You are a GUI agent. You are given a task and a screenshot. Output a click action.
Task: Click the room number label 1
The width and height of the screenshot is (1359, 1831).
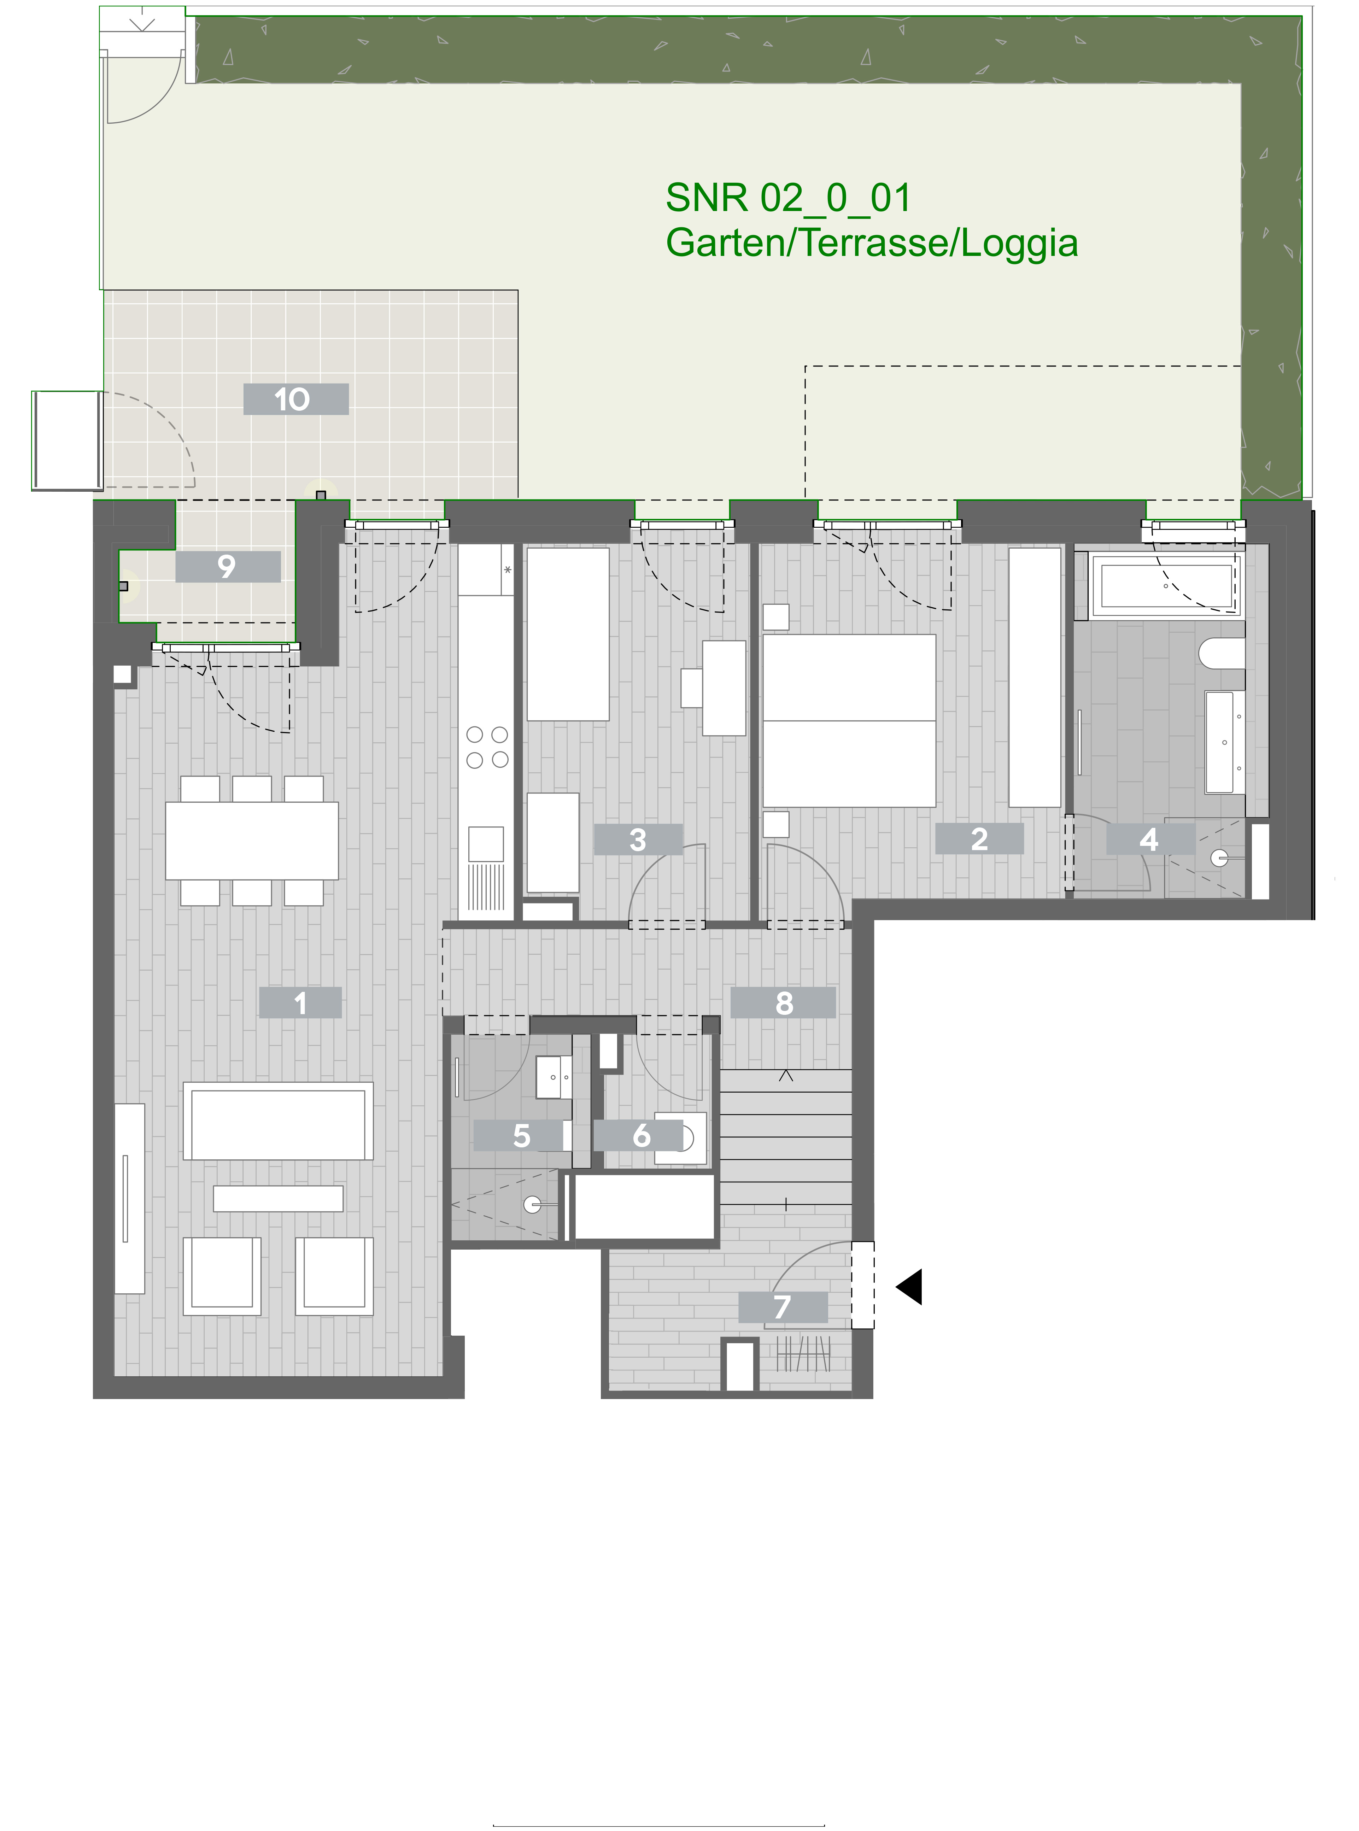pyautogui.click(x=300, y=1003)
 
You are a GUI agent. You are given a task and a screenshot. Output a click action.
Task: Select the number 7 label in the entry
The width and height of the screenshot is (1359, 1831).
pyautogui.click(x=782, y=1307)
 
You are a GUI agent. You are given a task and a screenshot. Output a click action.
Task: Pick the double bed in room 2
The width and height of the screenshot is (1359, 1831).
pyautogui.click(x=849, y=720)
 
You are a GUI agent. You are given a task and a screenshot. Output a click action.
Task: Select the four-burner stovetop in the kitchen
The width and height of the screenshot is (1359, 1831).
pyautogui.click(x=487, y=747)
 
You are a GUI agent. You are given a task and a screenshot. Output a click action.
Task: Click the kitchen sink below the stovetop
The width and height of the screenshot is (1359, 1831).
pyautogui.click(x=486, y=844)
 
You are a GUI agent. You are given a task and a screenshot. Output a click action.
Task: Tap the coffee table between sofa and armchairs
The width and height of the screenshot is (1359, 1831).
pyautogui.click(x=278, y=1199)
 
